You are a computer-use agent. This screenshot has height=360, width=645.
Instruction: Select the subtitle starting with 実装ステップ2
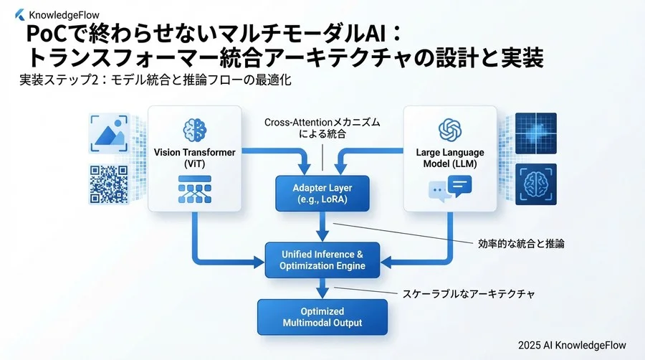tap(155, 80)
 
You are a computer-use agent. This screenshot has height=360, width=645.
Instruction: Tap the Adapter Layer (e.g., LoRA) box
tap(322, 194)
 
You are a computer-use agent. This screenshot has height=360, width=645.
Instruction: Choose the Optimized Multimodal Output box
tap(322, 317)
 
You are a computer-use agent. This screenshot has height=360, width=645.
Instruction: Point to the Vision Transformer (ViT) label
tap(195, 158)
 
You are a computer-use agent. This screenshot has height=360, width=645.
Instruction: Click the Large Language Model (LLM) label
tap(450, 158)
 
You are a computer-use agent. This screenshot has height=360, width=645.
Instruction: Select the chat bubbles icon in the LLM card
tap(450, 189)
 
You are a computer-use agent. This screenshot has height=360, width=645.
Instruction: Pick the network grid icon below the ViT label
tap(195, 187)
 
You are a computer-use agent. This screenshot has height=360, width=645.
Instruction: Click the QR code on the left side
tap(108, 184)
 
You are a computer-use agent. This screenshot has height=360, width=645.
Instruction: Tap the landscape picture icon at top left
tap(108, 133)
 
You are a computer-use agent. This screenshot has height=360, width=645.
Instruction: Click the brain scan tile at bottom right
tap(537, 185)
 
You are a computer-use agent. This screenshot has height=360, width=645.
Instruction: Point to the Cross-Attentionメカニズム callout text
tap(322, 128)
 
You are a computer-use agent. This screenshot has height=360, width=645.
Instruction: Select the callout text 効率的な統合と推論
tap(521, 243)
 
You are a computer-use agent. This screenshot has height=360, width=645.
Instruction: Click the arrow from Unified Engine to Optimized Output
tap(323, 288)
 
